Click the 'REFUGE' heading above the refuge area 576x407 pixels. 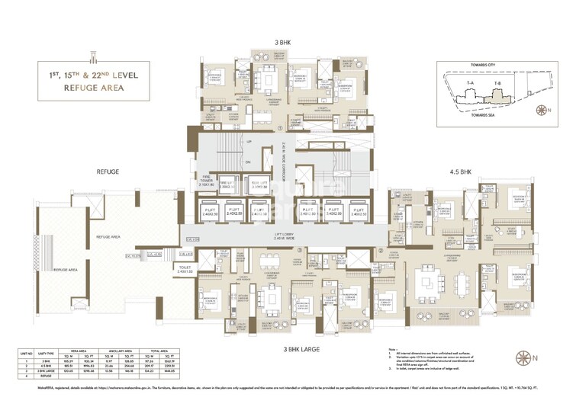(108, 173)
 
